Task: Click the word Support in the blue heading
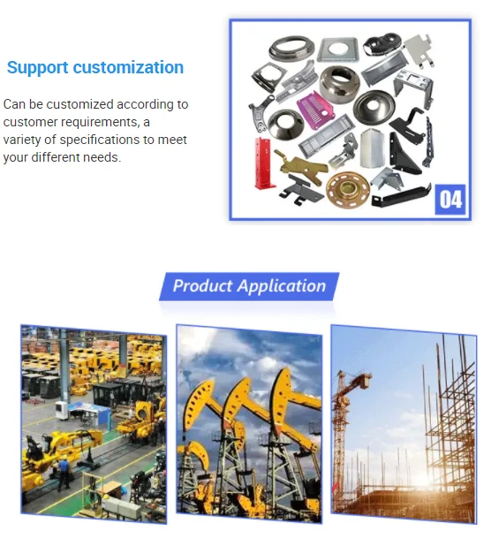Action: point(38,68)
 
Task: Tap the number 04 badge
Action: point(450,200)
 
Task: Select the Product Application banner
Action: point(249,286)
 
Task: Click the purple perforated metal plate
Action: point(315,110)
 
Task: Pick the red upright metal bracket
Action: point(263,163)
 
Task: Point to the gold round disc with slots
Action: point(348,189)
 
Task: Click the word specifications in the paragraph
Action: point(100,140)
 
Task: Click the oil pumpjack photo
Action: point(249,423)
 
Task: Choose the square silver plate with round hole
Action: point(337,49)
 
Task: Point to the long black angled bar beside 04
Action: point(402,196)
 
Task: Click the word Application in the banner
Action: point(282,286)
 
